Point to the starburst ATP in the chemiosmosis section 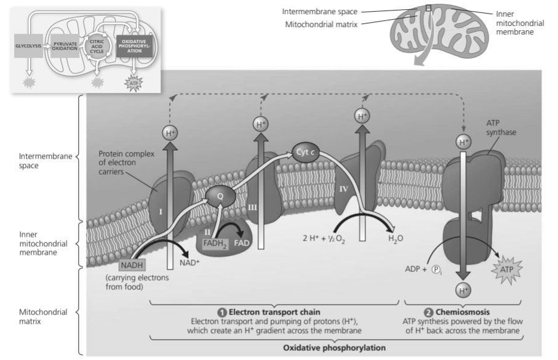coord(506,269)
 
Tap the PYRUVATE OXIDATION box coord(65,46)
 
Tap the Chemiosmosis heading coord(472,311)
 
